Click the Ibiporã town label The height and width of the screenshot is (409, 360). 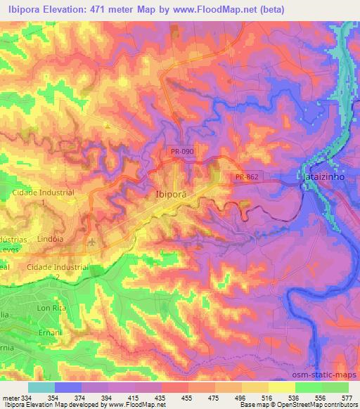click(x=171, y=197)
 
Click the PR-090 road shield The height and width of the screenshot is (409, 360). click(x=181, y=151)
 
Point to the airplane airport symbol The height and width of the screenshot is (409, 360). click(x=91, y=243)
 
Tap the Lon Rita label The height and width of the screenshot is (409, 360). click(x=51, y=308)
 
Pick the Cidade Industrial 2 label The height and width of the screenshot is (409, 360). click(x=53, y=271)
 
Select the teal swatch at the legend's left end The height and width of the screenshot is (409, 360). click(x=41, y=387)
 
